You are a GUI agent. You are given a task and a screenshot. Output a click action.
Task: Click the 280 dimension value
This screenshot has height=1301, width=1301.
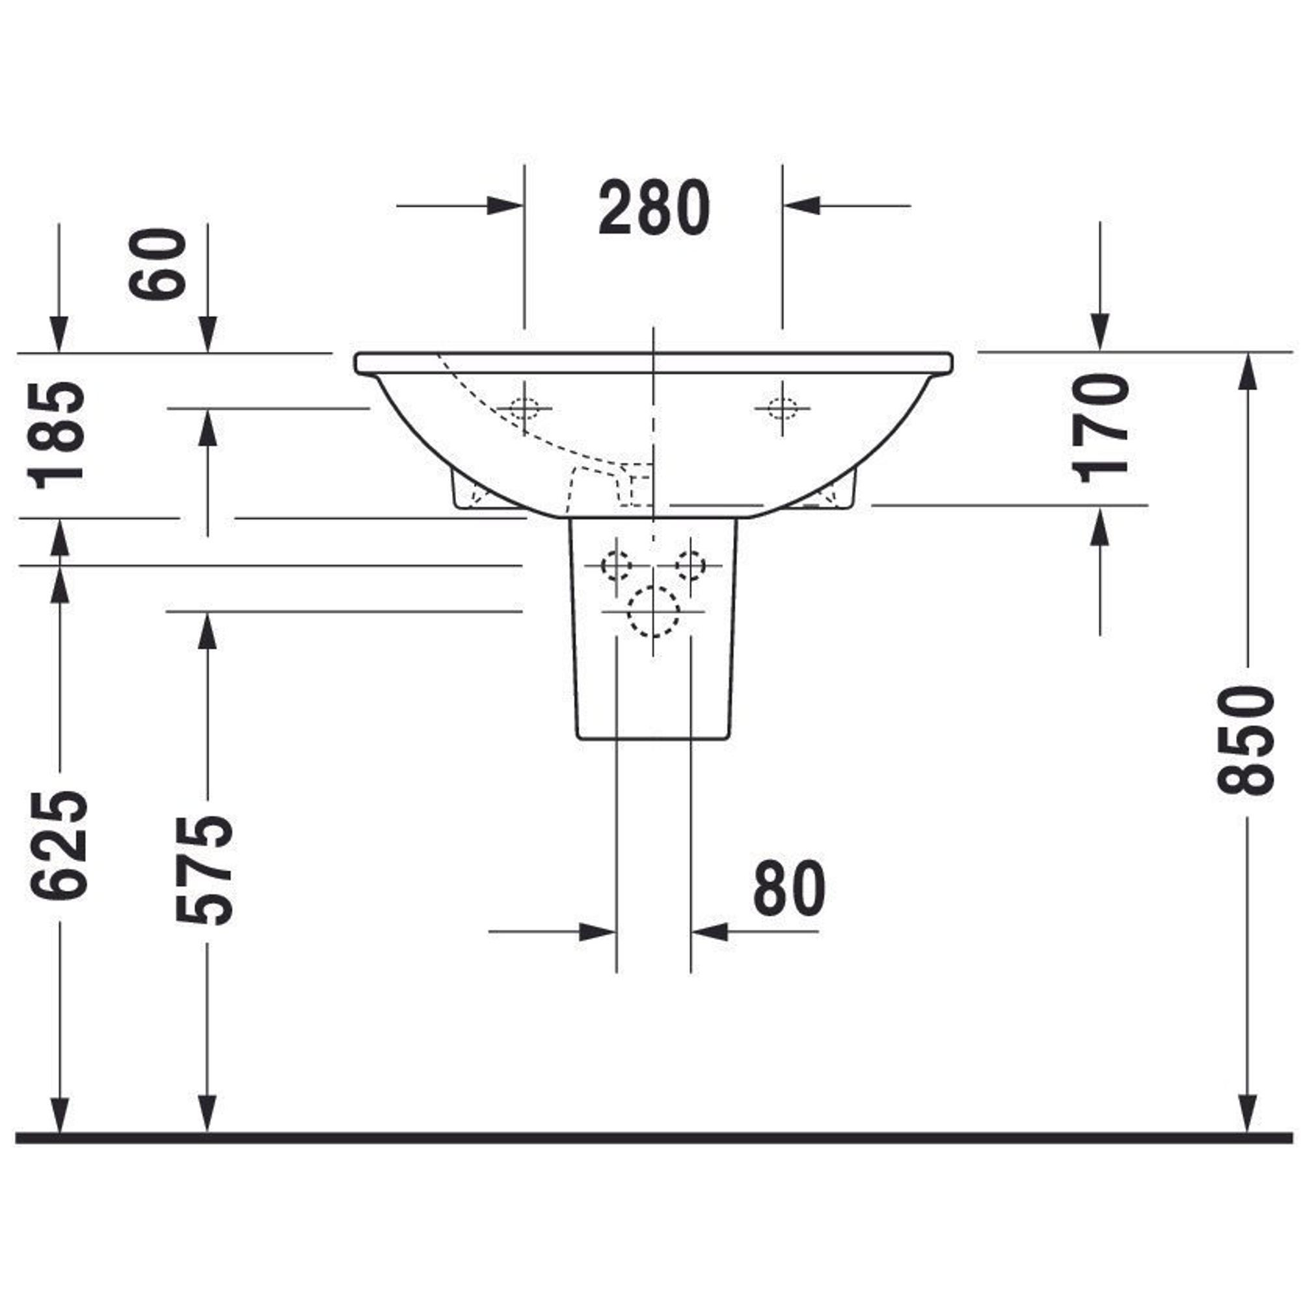point(654,208)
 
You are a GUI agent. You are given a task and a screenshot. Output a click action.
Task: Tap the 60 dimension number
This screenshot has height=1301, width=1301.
point(157,264)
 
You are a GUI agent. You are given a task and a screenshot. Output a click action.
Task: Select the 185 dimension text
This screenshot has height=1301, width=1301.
point(57,435)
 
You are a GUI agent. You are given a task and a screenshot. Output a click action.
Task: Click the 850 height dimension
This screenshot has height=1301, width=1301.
point(1246,740)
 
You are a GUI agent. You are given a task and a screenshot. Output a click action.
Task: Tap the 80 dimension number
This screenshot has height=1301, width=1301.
point(789,887)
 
